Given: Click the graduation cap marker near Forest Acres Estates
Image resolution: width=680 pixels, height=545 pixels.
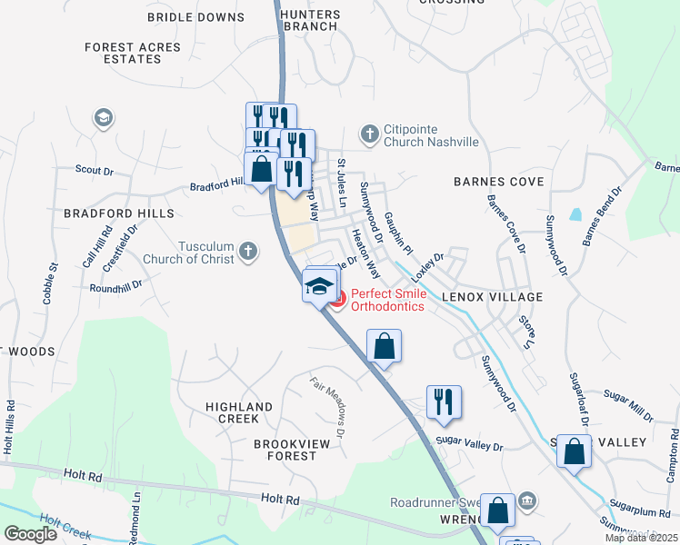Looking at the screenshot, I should click(103, 118).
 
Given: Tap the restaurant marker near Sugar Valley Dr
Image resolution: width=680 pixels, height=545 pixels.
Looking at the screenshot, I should click(444, 401).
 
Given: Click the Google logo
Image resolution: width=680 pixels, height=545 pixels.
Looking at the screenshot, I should click(31, 534).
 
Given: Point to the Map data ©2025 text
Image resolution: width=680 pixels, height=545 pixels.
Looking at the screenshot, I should click(641, 538).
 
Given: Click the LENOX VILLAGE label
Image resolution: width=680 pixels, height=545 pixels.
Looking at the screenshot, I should click(492, 297).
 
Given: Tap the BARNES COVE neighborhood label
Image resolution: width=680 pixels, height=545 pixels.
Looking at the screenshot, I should click(498, 182).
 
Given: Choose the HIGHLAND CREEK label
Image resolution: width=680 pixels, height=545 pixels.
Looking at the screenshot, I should click(239, 412).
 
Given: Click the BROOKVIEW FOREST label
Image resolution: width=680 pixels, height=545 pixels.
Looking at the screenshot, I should click(272, 449).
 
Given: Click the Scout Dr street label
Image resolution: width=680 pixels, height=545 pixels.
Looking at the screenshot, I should click(94, 170).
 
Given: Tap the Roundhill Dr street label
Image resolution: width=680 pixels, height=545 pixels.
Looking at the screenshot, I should click(116, 285).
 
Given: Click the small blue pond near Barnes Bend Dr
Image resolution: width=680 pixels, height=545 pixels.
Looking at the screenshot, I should click(575, 215).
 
